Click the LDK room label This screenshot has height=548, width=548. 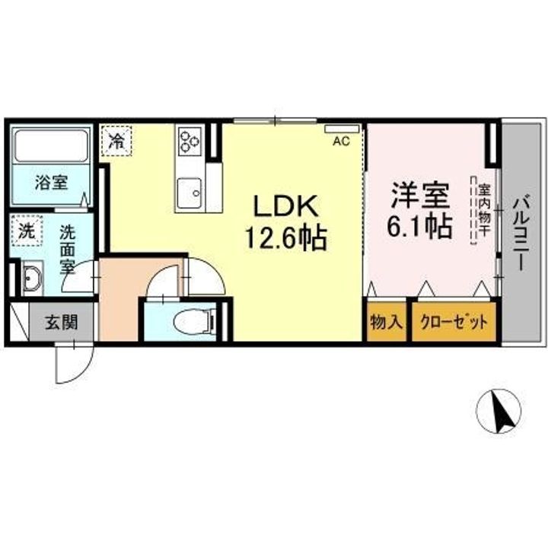click(286, 207)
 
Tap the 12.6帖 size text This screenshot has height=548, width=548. click(286, 237)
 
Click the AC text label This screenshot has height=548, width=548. click(341, 142)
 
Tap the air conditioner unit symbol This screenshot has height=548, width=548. click(342, 129)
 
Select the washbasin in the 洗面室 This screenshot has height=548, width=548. click(32, 279)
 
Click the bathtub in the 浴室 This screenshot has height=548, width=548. click(50, 145)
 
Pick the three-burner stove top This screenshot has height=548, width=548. click(190, 141)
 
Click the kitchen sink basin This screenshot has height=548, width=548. click(190, 193)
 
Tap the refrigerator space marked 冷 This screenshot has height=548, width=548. click(116, 141)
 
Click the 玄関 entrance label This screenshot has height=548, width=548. click(62, 322)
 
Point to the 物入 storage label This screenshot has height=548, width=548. click(386, 322)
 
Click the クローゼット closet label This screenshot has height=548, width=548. click(454, 322)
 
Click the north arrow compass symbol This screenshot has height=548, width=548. click(499, 410)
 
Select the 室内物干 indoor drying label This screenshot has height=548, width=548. click(484, 212)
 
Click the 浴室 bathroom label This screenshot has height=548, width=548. click(51, 183)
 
